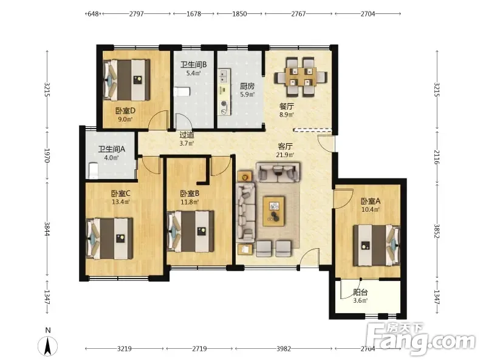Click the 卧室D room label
tap(125, 111)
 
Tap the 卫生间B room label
tap(193, 65)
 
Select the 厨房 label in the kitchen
tap(247, 86)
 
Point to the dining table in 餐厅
tap(300, 76)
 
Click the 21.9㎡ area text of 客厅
tap(285, 155)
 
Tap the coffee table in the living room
tap(274, 211)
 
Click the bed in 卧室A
tap(377, 245)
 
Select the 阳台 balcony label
tap(360, 292)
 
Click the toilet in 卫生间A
tap(94, 171)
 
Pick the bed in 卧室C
tap(109, 238)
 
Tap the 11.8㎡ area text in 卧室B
tap(190, 202)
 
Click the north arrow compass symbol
tap(48, 345)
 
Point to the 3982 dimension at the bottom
tap(284, 349)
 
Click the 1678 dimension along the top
tap(194, 13)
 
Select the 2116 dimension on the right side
tap(437, 157)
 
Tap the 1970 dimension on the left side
tap(47, 155)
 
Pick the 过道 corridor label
tap(187, 135)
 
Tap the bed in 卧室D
tap(126, 80)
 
